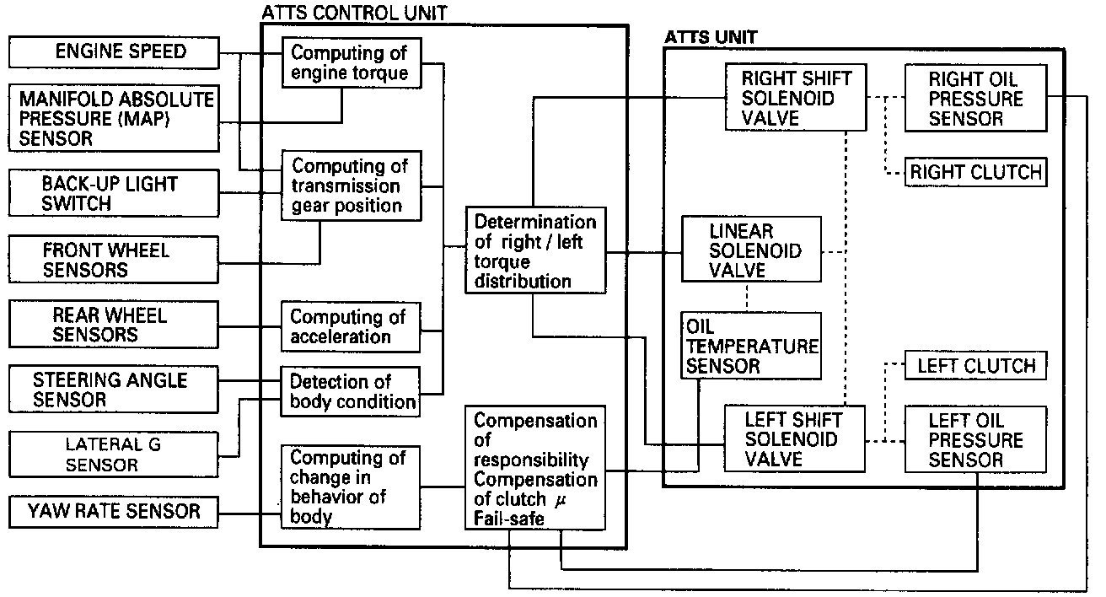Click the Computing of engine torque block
pos(351,63)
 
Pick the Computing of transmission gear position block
pos(351,186)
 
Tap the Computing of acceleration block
pos(351,326)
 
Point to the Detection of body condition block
pos(351,391)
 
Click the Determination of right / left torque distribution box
pos(534,251)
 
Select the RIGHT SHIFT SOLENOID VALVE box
pos(796,99)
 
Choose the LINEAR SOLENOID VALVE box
pos(751,250)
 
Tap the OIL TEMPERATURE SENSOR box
pos(751,346)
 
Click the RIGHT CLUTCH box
pos(975,173)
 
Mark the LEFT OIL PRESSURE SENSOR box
pos(975,440)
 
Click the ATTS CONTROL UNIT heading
pos(354,12)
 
